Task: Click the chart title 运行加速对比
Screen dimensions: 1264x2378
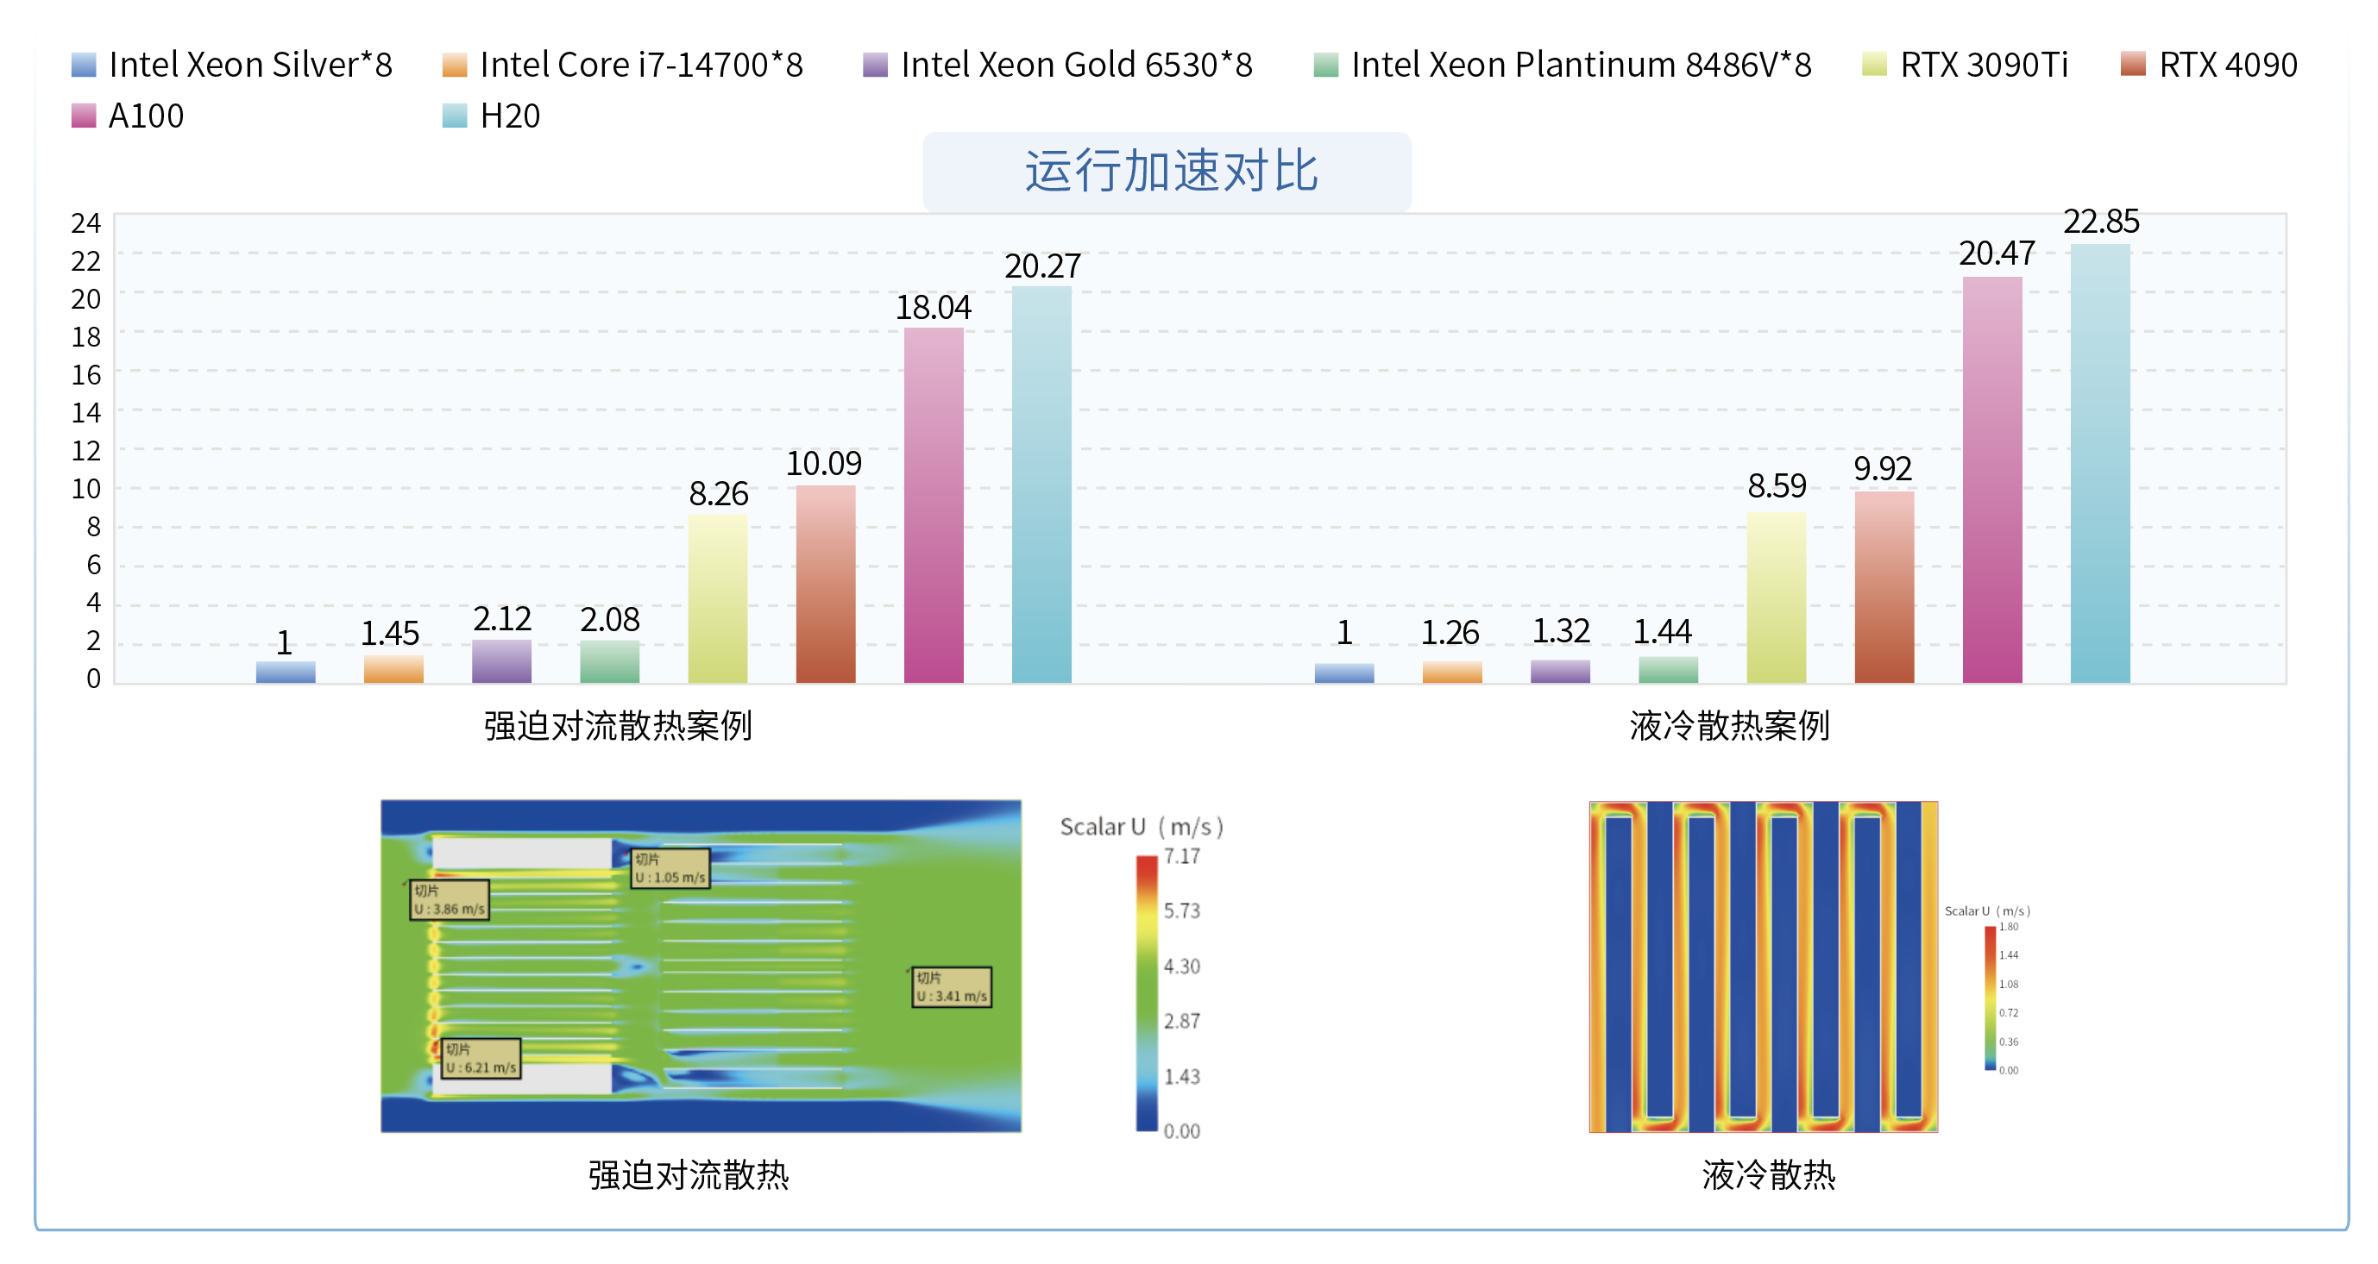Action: [x=1170, y=172]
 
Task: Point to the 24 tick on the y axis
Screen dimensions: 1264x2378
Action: [x=85, y=222]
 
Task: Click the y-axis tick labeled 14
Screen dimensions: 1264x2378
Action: [x=85, y=412]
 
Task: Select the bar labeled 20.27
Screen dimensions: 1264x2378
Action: [x=1041, y=485]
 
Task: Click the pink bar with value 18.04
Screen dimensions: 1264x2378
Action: [x=934, y=504]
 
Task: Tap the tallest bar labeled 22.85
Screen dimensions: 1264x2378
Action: [x=2100, y=463]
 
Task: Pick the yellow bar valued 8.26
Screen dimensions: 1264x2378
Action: [x=717, y=598]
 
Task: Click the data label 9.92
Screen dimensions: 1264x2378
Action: [x=1882, y=469]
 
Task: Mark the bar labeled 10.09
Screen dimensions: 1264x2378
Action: [x=825, y=583]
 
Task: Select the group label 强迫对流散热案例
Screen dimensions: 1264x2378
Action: [x=618, y=726]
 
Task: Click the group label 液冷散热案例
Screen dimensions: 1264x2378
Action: [x=1729, y=726]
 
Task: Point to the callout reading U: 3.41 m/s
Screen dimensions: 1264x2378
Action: [x=952, y=986]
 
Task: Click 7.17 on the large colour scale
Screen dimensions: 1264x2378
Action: [x=1181, y=856]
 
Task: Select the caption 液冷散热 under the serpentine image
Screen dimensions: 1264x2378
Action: [x=1768, y=1174]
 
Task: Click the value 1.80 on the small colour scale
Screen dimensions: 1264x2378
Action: [x=2009, y=926]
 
